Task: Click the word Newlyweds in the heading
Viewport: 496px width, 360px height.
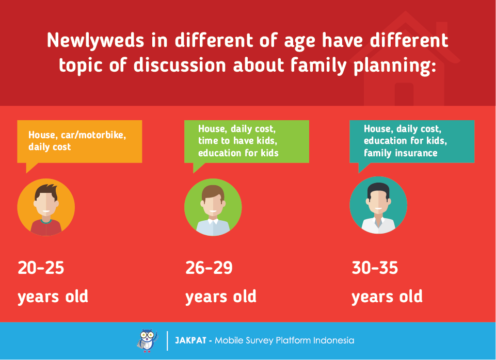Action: pos(95,41)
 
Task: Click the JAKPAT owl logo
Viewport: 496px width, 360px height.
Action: pos(147,340)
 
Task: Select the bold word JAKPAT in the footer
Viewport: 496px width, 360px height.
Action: pos(190,340)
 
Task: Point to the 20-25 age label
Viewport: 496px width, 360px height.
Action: pos(41,268)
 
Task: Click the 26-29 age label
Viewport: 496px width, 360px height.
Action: pos(209,268)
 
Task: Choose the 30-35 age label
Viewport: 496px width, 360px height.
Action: pos(375,268)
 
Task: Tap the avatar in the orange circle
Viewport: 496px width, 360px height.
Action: pos(46,207)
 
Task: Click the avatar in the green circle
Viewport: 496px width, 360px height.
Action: pos(213,207)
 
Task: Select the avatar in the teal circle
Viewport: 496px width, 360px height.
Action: pos(378,205)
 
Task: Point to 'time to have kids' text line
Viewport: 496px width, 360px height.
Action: pos(237,141)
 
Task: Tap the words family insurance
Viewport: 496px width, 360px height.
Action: pos(401,153)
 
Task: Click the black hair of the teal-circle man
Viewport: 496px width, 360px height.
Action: pos(378,189)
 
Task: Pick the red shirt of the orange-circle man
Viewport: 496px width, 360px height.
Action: pos(46,227)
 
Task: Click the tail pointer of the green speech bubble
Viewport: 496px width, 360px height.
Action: pos(197,168)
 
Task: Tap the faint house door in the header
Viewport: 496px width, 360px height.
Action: pos(404,94)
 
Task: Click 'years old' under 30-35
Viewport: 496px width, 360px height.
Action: pos(387,297)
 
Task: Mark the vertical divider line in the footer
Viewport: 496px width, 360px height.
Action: pos(167,341)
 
